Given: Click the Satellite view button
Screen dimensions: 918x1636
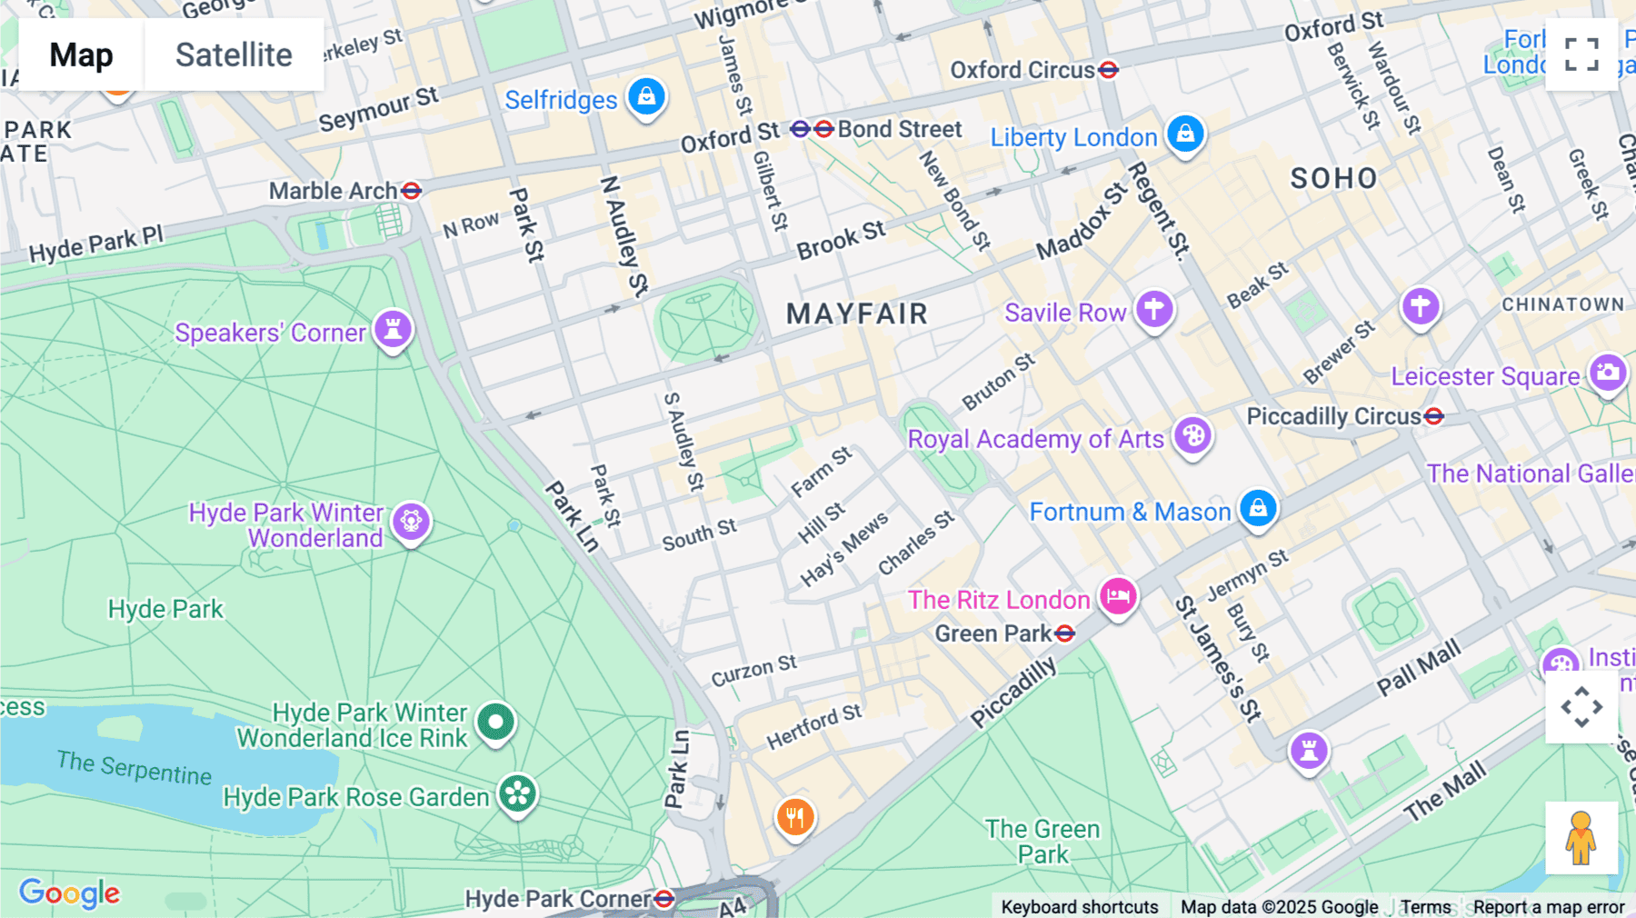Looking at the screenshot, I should point(234,55).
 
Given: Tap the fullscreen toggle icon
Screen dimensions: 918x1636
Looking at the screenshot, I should point(1581,55).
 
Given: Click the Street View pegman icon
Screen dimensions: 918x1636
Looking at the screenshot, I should point(1581,837).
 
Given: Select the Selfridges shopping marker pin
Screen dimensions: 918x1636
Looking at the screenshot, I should point(646,95).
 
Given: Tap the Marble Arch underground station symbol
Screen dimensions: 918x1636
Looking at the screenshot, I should point(412,191).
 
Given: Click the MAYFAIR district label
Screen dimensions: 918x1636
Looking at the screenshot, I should point(856,314).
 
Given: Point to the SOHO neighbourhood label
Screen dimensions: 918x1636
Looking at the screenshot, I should point(1333,178).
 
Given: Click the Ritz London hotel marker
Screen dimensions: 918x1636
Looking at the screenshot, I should point(1118,596).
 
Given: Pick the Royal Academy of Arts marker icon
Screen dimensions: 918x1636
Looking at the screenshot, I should point(1192,436).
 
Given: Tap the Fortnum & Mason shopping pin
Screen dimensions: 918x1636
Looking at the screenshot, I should point(1258,507).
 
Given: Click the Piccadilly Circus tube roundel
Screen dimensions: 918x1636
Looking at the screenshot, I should point(1434,416).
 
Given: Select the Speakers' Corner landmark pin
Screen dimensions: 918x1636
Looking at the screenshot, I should point(394,328).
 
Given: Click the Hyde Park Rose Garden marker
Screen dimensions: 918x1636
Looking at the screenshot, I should point(518,793).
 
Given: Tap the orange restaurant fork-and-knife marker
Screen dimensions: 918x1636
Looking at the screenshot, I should point(794,816).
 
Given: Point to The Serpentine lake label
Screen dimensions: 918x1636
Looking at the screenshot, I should point(134,768).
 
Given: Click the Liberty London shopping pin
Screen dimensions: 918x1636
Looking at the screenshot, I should point(1185,134).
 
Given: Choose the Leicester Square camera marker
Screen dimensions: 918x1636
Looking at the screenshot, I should point(1607,372).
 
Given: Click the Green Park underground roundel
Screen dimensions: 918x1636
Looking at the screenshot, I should point(1065,634).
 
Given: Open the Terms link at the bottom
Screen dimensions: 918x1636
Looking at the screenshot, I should point(1425,907).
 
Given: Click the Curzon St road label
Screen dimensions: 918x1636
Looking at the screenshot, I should point(753,671).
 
